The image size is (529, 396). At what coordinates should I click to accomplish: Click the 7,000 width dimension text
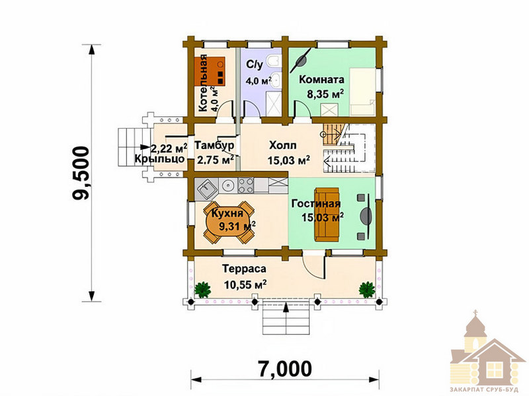pyautogui.click(x=285, y=369)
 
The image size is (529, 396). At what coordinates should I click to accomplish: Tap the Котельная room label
pyautogui.click(x=203, y=83)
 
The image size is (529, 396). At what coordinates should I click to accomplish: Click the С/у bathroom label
pyautogui.click(x=254, y=64)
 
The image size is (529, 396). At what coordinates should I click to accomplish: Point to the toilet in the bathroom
pyautogui.click(x=273, y=61)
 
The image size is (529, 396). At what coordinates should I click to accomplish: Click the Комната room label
pyautogui.click(x=321, y=80)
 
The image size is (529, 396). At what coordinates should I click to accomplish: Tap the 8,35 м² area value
pyautogui.click(x=325, y=94)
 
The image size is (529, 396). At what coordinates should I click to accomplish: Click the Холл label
pyautogui.click(x=283, y=145)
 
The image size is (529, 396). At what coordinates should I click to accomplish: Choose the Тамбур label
pyautogui.click(x=214, y=145)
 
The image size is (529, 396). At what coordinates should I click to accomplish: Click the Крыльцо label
pyautogui.click(x=159, y=159)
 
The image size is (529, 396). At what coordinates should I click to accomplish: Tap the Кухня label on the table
pyautogui.click(x=227, y=213)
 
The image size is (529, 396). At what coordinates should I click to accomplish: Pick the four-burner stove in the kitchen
pyautogui.click(x=246, y=185)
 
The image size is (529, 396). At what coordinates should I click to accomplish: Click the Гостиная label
pyautogui.click(x=316, y=204)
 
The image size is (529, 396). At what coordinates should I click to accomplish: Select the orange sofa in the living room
pyautogui.click(x=327, y=214)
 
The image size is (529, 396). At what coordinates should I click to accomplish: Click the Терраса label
pyautogui.click(x=244, y=269)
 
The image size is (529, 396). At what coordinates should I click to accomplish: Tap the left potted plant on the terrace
pyautogui.click(x=203, y=290)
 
